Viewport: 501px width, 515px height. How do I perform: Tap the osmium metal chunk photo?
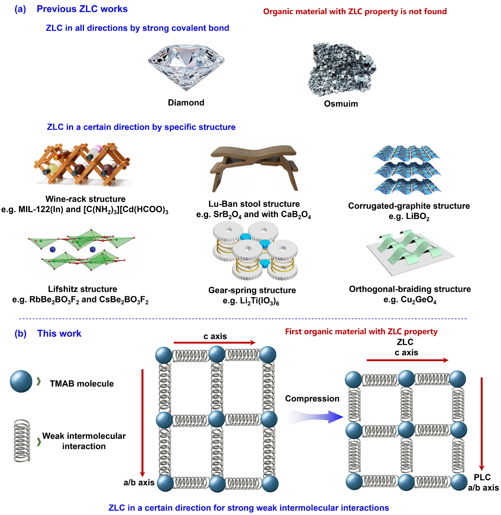(341, 70)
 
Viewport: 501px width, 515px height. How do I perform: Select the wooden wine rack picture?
(82, 164)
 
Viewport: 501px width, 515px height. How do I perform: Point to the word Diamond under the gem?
(186, 103)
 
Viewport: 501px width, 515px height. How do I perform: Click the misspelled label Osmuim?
(341, 104)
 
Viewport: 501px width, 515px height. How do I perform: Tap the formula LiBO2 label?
(409, 217)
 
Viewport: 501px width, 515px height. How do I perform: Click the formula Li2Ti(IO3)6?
(251, 301)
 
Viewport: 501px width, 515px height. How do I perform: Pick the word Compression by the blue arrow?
(312, 398)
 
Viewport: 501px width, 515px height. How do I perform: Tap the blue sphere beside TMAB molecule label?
(21, 381)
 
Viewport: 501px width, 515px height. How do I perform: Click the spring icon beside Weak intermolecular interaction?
(22, 441)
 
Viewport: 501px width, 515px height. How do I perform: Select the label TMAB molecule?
(82, 383)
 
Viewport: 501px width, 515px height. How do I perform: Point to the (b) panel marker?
(20, 334)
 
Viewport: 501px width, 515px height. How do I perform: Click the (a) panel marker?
(20, 9)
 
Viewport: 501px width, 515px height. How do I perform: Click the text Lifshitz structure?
(83, 289)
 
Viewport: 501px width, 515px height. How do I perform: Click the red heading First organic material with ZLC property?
(361, 331)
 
